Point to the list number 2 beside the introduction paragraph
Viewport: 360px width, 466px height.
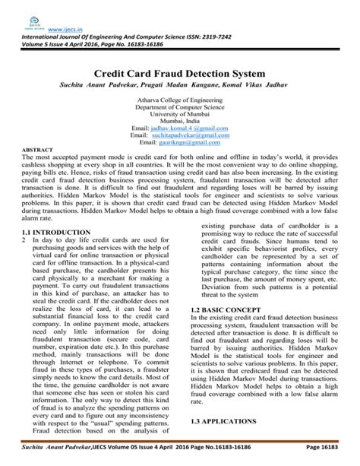(x=24, y=239)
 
